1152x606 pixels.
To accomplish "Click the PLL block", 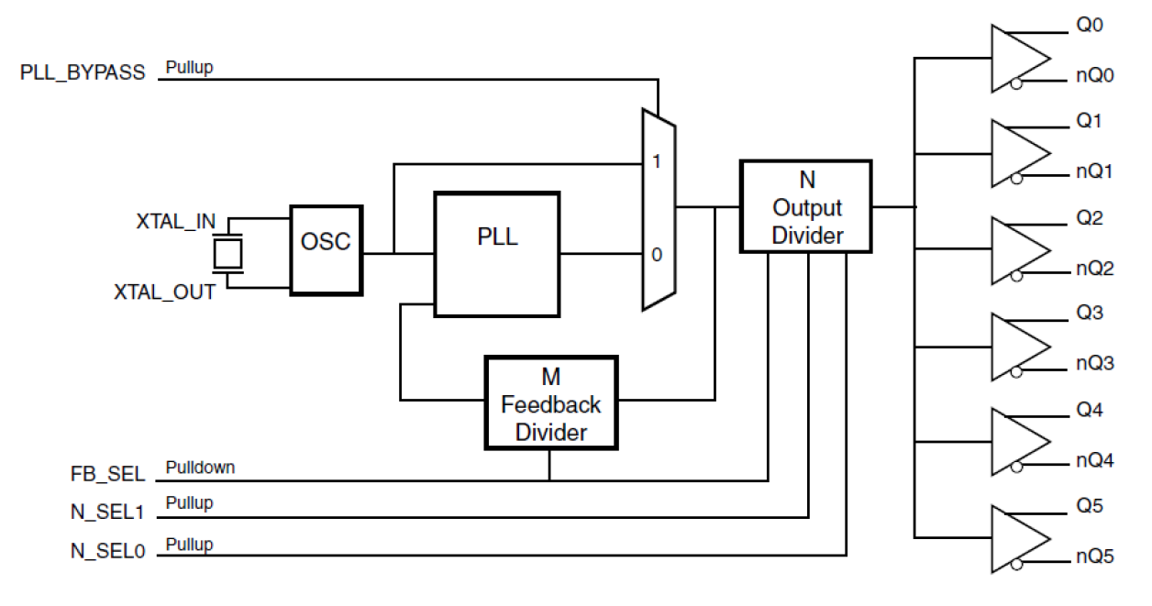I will pos(496,254).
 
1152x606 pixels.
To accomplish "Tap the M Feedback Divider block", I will pos(550,403).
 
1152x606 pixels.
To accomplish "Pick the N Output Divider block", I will pos(806,206).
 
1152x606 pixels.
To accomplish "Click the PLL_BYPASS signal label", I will pos(83,73).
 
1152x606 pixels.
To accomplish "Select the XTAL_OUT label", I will pos(164,292).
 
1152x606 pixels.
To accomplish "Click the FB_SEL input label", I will pos(108,475).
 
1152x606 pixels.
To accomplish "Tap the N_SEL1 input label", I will pos(108,512).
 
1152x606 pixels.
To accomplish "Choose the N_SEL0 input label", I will pos(108,551).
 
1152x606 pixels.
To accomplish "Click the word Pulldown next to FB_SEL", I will pos(200,468).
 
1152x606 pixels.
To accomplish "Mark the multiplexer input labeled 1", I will pos(656,161).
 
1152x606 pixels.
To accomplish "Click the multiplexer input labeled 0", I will pos(656,255).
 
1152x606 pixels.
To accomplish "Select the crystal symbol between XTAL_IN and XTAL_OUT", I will pos(227,253).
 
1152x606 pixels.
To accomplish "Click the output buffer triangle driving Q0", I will pos(1016,59).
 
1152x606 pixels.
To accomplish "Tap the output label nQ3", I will pos(1094,364).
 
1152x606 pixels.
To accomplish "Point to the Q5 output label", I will pos(1090,506).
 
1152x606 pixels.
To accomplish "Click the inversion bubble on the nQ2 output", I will pos(1015,276).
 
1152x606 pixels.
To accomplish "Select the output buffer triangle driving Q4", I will pos(1016,442).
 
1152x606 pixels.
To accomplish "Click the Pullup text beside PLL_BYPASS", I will pos(189,68).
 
